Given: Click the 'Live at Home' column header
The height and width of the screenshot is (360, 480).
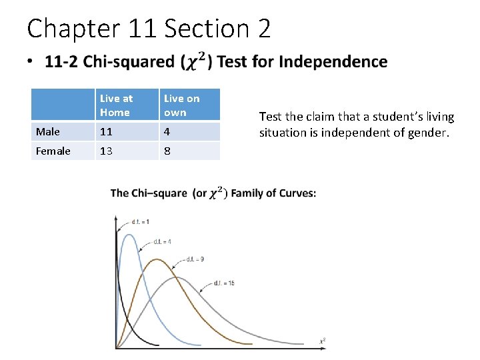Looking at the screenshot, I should point(116,105).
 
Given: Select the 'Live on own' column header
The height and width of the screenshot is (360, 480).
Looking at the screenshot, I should point(181,105).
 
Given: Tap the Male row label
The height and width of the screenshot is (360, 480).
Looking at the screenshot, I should point(47,132).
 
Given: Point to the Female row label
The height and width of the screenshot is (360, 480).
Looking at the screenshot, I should point(53,151).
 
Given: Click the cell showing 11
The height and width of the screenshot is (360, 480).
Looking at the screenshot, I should point(107,132).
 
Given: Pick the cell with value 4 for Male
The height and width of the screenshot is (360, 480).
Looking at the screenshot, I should point(167,132).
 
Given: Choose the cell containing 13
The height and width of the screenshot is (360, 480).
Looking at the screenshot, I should point(107,151).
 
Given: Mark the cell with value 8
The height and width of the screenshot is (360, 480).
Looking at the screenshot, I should point(167,151).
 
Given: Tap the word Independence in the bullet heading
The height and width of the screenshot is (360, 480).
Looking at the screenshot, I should point(333,62).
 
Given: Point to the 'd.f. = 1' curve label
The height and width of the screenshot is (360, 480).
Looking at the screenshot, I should point(141,221).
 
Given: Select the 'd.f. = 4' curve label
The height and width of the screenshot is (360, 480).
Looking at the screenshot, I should point(162,241).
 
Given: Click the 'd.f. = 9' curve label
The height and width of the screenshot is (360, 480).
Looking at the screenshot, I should point(195,259).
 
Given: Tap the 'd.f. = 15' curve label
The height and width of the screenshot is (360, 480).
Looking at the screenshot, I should point(223,284).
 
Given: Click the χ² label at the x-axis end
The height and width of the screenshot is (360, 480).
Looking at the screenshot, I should point(323,341).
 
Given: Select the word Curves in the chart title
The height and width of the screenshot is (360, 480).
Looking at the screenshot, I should point(295,193).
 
